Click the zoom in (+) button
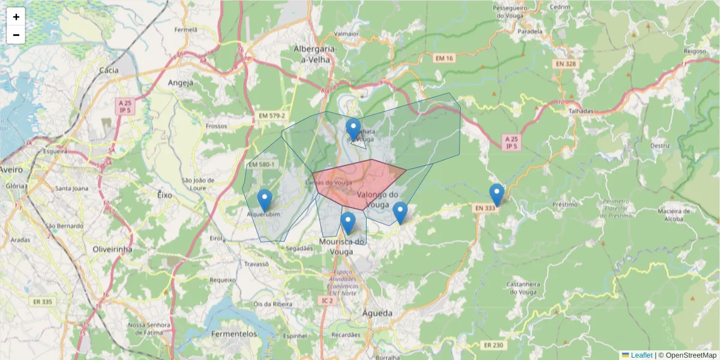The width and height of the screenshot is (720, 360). [x=16, y=17]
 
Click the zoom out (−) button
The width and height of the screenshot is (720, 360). [x=16, y=35]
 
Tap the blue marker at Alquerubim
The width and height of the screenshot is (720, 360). [x=265, y=200]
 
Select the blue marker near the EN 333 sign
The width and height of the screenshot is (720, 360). [x=496, y=194]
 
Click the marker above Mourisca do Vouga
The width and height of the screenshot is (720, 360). [x=348, y=223]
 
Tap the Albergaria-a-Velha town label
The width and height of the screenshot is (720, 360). [x=316, y=54]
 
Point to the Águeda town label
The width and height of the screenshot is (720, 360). [x=377, y=313]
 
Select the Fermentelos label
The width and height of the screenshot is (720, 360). [x=235, y=334]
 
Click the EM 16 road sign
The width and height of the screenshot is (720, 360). [x=445, y=58]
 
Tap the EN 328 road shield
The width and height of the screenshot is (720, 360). [x=565, y=64]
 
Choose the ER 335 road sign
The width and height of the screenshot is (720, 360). [x=44, y=301]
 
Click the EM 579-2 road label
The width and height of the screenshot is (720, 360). [x=272, y=115]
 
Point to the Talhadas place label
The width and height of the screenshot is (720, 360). [x=581, y=111]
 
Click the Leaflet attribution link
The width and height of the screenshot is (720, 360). [x=641, y=355]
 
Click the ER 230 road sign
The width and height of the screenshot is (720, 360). [x=493, y=345]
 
